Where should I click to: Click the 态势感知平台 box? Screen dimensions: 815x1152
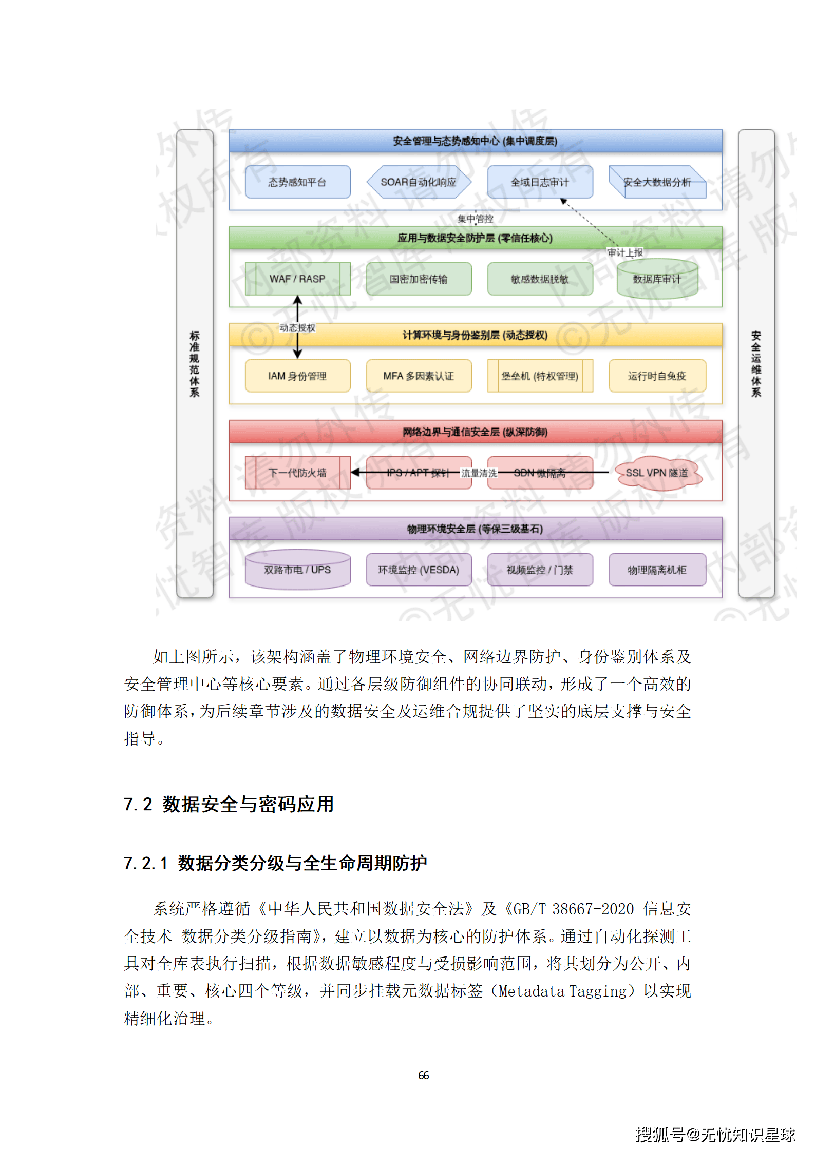tap(297, 182)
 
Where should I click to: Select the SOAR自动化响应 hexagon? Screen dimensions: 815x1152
tap(419, 182)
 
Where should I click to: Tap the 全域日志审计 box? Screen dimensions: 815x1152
tap(540, 182)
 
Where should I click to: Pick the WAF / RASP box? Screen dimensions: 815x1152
tap(297, 279)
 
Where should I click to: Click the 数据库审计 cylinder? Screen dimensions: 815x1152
tap(657, 279)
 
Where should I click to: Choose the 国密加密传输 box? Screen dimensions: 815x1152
tap(419, 279)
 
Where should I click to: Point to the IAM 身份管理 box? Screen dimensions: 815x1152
tap(297, 376)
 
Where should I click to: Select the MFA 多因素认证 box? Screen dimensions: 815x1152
tap(419, 376)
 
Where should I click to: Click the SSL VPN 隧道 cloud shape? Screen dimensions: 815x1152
tap(657, 473)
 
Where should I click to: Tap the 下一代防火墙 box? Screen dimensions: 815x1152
tap(297, 473)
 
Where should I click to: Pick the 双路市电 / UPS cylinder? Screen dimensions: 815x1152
tap(297, 570)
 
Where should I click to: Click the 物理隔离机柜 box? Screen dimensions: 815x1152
tap(657, 570)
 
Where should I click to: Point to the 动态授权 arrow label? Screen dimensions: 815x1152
tap(297, 328)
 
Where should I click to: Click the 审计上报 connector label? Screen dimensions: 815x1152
tap(625, 252)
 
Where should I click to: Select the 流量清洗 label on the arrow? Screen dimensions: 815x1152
tap(479, 473)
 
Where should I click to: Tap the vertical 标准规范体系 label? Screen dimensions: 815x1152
tap(195, 364)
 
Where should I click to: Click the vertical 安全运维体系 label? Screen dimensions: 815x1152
tap(756, 364)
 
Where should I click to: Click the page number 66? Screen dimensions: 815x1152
tap(424, 1075)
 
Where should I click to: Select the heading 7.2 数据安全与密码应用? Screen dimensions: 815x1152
tap(229, 804)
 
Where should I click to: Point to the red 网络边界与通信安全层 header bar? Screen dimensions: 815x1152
tap(475, 432)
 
